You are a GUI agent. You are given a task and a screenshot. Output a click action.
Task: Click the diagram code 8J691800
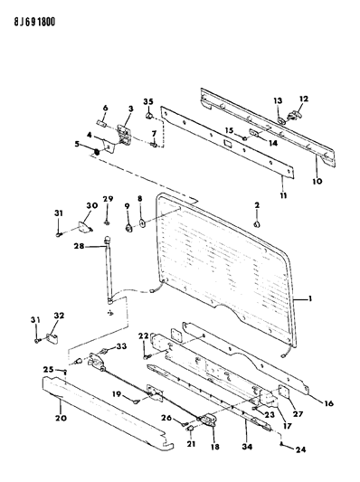tap(34, 22)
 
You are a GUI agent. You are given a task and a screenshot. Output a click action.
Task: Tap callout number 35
tap(148, 102)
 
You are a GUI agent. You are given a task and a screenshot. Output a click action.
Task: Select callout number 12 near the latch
tap(303, 99)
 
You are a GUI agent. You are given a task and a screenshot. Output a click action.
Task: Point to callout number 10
tap(317, 181)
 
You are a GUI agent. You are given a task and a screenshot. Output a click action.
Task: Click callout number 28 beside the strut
tap(79, 246)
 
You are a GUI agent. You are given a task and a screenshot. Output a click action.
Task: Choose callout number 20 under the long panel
tap(61, 418)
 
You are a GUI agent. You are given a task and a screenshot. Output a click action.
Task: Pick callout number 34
tap(247, 447)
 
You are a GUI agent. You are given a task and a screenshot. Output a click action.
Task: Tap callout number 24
tap(301, 449)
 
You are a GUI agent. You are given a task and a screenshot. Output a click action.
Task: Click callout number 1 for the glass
tap(310, 298)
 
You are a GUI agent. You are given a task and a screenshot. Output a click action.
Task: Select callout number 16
tap(328, 403)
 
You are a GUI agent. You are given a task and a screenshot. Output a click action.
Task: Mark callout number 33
tap(121, 346)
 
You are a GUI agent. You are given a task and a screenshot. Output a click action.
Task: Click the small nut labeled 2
tap(257, 224)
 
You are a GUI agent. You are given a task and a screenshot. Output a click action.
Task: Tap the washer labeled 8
tap(143, 222)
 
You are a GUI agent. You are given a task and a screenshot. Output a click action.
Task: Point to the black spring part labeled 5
tap(96, 152)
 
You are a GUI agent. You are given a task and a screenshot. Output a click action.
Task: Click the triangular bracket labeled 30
tap(84, 228)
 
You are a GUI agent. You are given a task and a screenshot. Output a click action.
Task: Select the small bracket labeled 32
tap(53, 338)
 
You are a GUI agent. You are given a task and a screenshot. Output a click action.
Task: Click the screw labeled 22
tap(147, 357)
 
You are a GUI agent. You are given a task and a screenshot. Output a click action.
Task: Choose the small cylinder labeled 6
tap(101, 123)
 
